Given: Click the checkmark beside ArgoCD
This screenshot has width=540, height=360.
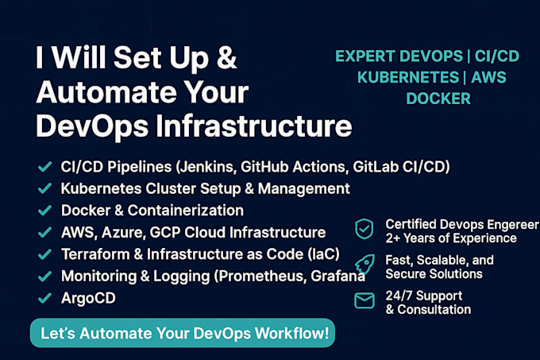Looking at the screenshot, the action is point(44,298).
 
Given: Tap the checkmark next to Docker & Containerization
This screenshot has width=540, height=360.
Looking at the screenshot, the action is point(44,210).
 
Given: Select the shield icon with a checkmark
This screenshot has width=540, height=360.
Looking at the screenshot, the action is point(364,229).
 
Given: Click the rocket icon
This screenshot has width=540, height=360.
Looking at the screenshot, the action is point(364,265).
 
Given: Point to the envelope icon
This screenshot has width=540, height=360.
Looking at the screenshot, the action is point(364,300).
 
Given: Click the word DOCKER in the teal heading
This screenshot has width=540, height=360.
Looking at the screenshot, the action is point(438,99).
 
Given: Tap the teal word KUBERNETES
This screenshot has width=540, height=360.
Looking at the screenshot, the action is point(408,77).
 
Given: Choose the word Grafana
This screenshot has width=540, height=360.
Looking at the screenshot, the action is point(337,277).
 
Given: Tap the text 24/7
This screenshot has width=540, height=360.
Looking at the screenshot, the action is point(399,296).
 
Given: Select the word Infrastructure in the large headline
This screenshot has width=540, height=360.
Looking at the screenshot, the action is point(254,126).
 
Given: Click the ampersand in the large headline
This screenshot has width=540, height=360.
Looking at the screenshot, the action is point(226,57).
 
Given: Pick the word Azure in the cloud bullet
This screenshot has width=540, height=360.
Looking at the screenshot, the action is point(122,233).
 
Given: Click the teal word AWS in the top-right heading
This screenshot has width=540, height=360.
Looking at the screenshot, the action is point(488,77).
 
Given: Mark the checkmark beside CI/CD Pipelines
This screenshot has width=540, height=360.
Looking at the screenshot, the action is point(44,167).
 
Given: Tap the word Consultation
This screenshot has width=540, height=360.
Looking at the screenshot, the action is point(434,309).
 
